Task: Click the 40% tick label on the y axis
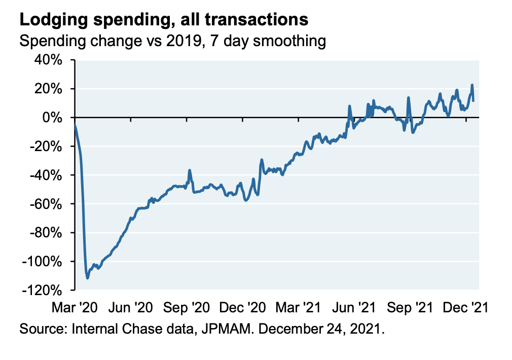[x=48, y=60]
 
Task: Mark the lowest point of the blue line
[x=88, y=278]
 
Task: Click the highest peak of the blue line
[x=472, y=85]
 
